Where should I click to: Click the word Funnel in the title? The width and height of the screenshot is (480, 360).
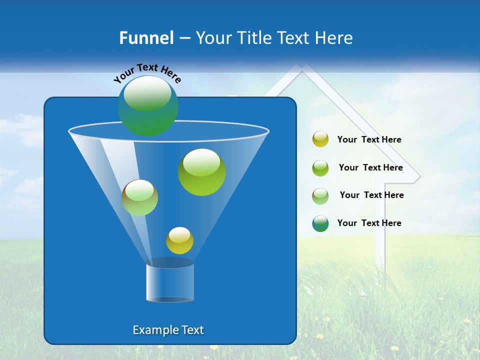pyautogui.click(x=146, y=37)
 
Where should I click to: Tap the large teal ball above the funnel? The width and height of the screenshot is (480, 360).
pyautogui.click(x=148, y=105)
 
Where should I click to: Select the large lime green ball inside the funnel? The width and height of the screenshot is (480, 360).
pyautogui.click(x=202, y=172)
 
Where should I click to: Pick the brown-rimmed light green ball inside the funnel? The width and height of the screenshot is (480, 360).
pyautogui.click(x=139, y=197)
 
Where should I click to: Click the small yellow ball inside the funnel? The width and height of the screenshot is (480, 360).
pyautogui.click(x=179, y=240)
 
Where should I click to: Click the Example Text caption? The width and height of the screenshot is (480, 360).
pyautogui.click(x=168, y=330)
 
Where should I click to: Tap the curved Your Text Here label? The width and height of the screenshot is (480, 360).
pyautogui.click(x=147, y=73)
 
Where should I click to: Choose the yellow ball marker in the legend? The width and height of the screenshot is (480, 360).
pyautogui.click(x=320, y=139)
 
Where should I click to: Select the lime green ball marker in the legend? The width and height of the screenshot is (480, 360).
pyautogui.click(x=320, y=167)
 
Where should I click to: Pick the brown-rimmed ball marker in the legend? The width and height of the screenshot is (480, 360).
pyautogui.click(x=320, y=195)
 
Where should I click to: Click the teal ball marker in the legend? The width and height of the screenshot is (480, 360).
pyautogui.click(x=320, y=223)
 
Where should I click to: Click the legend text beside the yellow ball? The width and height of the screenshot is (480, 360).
pyautogui.click(x=369, y=139)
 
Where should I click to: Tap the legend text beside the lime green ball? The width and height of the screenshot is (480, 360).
pyautogui.click(x=370, y=167)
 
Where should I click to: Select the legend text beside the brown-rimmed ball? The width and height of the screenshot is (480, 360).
pyautogui.click(x=371, y=195)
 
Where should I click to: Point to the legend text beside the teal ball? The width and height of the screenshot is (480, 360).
pyautogui.click(x=369, y=223)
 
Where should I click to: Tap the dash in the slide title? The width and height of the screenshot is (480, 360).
pyautogui.click(x=184, y=38)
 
